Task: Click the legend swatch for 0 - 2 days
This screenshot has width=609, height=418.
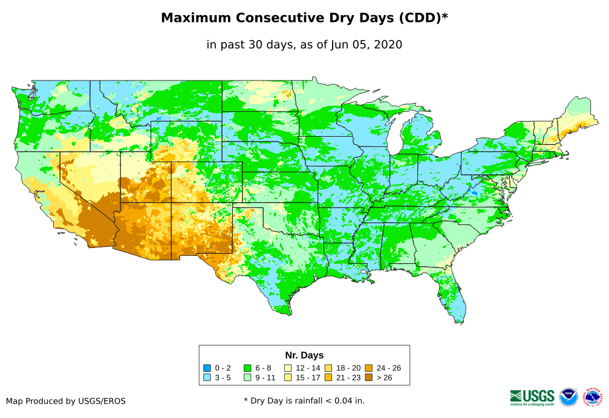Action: pyautogui.click(x=207, y=368)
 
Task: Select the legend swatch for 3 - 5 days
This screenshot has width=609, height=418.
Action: pyautogui.click(x=207, y=378)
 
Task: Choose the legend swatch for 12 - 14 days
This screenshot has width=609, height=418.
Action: pyautogui.click(x=288, y=368)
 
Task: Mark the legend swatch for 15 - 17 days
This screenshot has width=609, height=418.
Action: pyautogui.click(x=288, y=378)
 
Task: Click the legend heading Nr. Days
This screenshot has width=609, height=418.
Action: pyautogui.click(x=304, y=355)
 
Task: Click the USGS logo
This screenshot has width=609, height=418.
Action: pyautogui.click(x=532, y=397)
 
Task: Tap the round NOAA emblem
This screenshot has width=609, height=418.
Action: pyautogui.click(x=568, y=397)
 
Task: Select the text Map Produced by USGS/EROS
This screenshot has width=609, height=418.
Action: pyautogui.click(x=66, y=401)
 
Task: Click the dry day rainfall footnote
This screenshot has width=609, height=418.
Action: pyautogui.click(x=304, y=400)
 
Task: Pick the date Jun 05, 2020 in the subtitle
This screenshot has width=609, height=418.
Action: pyautogui.click(x=366, y=45)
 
